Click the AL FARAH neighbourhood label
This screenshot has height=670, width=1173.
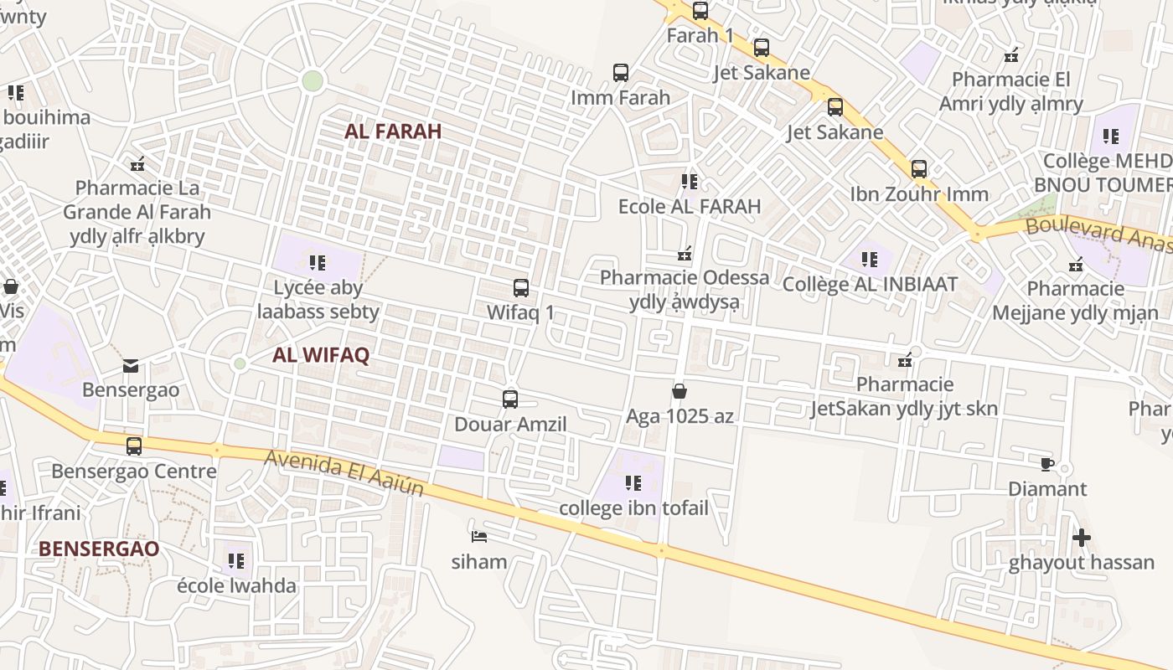(392, 131)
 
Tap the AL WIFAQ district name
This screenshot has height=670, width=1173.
(321, 354)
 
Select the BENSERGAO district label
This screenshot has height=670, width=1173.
(99, 549)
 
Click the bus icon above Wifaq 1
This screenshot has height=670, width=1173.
(520, 288)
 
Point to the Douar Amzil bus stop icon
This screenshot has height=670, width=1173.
(510, 399)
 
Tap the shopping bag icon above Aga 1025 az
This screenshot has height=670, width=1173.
(680, 391)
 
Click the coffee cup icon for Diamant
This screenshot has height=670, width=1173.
(1046, 464)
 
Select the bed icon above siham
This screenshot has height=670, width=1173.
(479, 536)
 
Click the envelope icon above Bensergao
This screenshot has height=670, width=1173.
(131, 365)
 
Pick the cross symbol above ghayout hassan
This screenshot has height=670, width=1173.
(1082, 537)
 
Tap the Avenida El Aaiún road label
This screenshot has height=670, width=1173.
(344, 473)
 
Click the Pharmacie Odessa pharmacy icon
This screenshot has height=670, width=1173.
(685, 253)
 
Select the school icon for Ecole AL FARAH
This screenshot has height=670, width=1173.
(690, 181)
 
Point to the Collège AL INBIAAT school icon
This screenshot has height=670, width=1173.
(870, 260)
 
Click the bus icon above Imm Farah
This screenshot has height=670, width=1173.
(621, 73)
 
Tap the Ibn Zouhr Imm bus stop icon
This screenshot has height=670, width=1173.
(919, 169)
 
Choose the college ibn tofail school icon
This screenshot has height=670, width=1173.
(633, 483)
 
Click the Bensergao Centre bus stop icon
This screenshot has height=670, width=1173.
(134, 446)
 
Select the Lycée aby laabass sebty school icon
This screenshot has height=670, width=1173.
(318, 263)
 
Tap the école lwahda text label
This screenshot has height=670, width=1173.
(236, 585)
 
